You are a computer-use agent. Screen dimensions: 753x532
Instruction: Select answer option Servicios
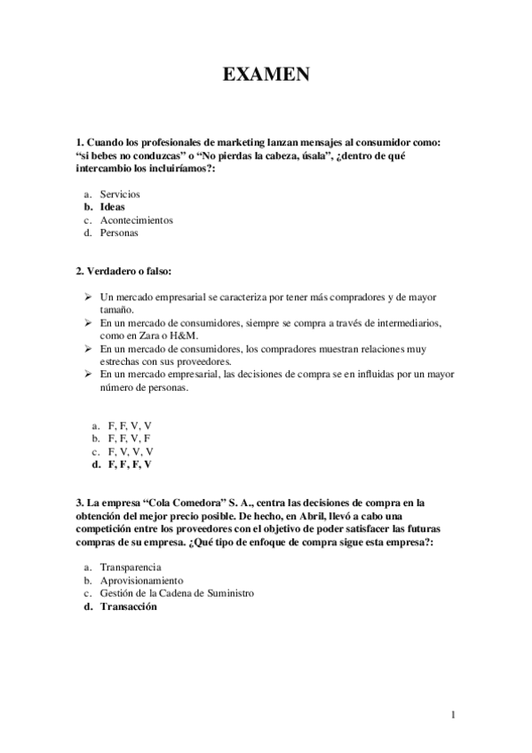pos(120,194)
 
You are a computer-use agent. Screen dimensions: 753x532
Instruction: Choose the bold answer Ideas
pos(113,207)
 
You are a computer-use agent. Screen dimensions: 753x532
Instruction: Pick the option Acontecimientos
pos(136,220)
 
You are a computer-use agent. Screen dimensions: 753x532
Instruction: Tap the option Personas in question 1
pos(119,234)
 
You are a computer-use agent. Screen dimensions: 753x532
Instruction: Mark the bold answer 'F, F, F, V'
pos(130,464)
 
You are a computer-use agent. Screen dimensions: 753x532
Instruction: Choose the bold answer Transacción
pos(129,606)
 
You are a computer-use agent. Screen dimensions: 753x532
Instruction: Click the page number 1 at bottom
pos(452,715)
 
